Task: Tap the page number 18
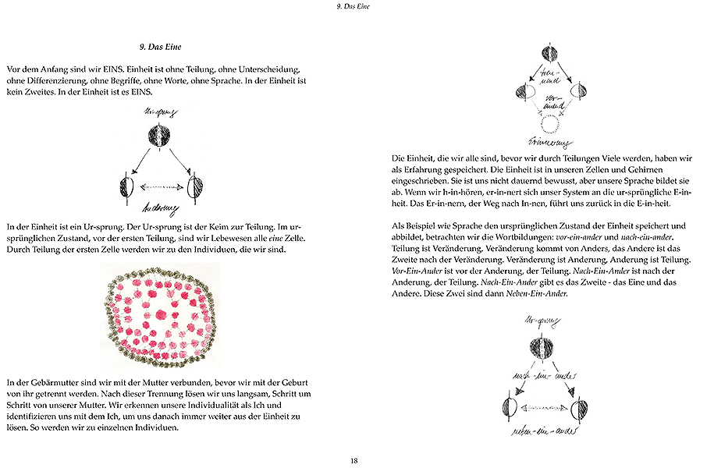[x=353, y=459]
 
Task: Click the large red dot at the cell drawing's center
[x=161, y=314]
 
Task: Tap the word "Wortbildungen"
[x=528, y=236]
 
